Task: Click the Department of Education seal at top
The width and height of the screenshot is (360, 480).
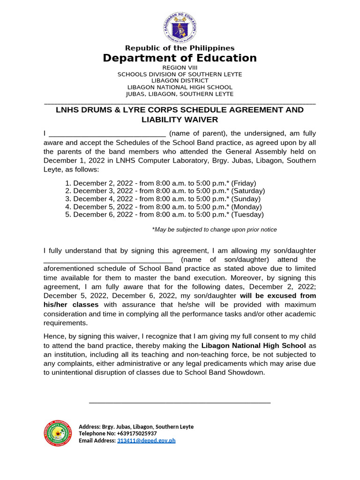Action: tap(180, 28)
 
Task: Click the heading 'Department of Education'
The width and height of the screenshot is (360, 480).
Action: tap(180, 58)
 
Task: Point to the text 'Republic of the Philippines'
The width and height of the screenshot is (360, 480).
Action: tap(180, 48)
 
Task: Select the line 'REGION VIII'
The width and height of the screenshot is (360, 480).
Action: tap(180, 68)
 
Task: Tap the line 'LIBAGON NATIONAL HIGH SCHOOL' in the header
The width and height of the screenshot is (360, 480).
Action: tap(180, 87)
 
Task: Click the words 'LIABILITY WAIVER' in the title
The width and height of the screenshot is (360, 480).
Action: tap(180, 120)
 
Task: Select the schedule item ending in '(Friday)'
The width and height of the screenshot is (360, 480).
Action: tap(164, 183)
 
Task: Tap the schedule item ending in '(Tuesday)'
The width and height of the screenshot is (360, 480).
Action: tap(168, 215)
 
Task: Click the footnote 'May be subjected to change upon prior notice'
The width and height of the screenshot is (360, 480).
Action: tap(214, 230)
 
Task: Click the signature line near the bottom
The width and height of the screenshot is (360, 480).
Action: tap(180, 402)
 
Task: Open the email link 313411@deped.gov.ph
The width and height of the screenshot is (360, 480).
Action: tap(146, 441)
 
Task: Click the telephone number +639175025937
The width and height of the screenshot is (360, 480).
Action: tap(134, 434)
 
